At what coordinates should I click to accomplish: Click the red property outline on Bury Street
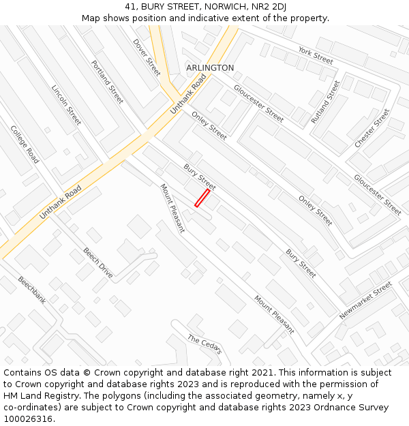tap(202, 198)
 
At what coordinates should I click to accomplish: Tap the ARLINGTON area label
tap(210, 68)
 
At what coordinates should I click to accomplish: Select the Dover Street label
tap(147, 57)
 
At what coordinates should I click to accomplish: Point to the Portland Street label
tap(107, 82)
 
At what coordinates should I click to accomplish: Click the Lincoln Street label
tap(67, 105)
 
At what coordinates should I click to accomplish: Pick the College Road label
tap(25, 144)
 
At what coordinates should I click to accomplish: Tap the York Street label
tap(315, 56)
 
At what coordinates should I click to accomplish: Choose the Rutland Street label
tap(325, 102)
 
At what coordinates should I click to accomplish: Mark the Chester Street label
tap(372, 128)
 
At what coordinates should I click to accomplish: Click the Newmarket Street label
tap(366, 301)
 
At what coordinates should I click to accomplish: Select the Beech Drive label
tap(98, 262)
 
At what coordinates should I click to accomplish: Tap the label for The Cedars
tap(204, 345)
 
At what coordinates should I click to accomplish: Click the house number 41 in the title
tap(131, 7)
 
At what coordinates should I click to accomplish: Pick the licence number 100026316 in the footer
tap(27, 419)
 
